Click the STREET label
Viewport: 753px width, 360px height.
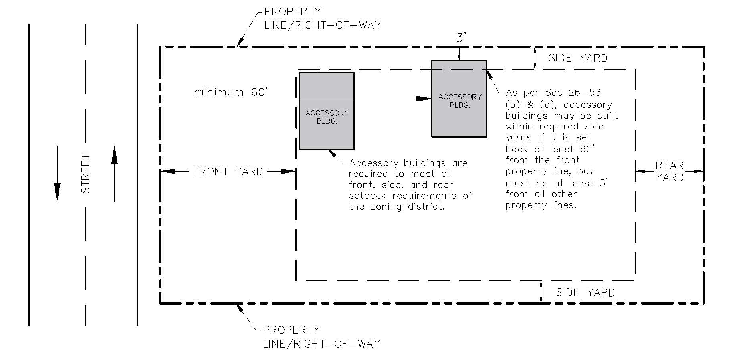coord(85,174)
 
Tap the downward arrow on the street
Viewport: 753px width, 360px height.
coord(57,174)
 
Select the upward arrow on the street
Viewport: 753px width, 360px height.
coord(115,174)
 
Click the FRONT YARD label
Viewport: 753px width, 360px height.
coord(228,172)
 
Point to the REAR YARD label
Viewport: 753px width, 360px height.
coord(670,172)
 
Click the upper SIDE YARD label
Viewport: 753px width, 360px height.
coord(578,58)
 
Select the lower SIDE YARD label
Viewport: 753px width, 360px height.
coord(585,293)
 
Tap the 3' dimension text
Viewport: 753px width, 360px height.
coord(461,38)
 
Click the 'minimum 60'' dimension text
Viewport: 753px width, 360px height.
coord(230,92)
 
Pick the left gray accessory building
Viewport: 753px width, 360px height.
coord(327,111)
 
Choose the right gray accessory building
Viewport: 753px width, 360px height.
coord(459,99)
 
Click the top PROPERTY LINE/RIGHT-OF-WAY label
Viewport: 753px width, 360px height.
coord(323,18)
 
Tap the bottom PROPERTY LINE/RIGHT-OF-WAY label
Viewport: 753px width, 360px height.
coord(321,337)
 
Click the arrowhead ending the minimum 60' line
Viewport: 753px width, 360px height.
coord(424,99)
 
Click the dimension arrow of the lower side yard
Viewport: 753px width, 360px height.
coord(541,292)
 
